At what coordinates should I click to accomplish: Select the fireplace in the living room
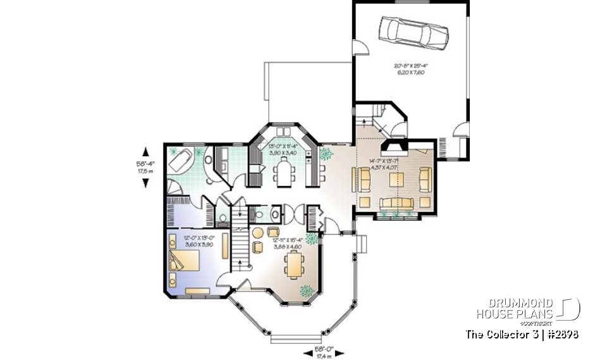point(396,150)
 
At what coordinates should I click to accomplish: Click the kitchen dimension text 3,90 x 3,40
point(284,153)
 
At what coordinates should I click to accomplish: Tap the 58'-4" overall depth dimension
point(146,166)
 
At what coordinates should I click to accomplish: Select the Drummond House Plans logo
point(528,309)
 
